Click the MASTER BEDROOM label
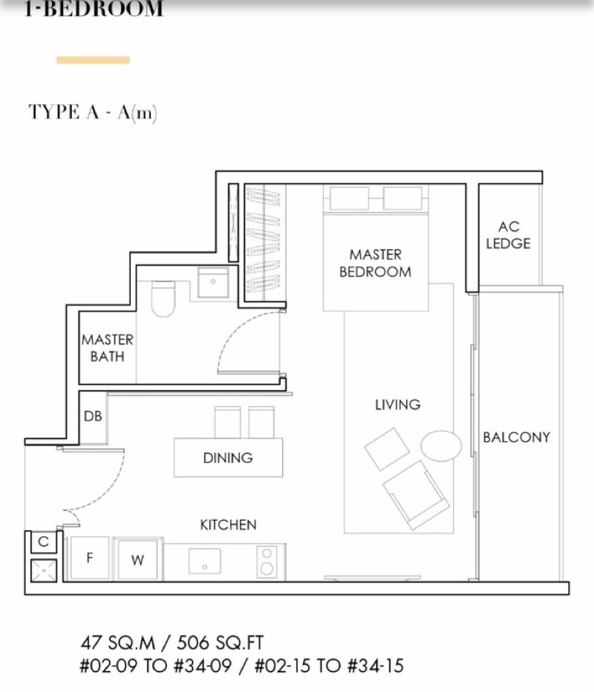click(375, 263)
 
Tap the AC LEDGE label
click(508, 234)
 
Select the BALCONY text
click(516, 437)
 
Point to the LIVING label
click(397, 404)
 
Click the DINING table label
click(228, 458)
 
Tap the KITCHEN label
click(228, 524)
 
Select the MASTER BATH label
click(108, 348)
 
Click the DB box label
click(93, 417)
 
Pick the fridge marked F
click(89, 558)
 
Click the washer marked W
click(137, 561)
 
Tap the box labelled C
click(43, 542)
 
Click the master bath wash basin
click(214, 283)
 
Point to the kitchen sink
click(204, 561)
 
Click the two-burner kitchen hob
click(267, 561)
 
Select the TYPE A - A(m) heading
click(93, 112)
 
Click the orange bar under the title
click(93, 60)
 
